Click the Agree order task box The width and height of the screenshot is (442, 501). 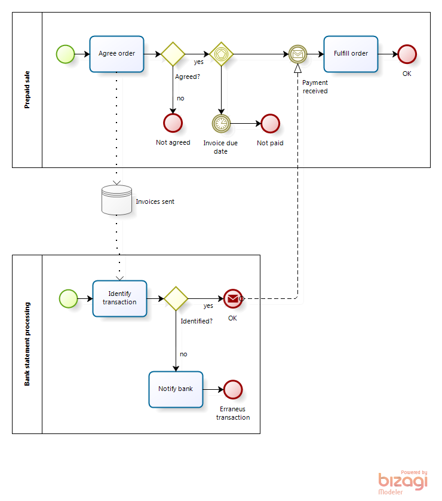(117, 54)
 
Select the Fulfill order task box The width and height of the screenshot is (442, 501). (351, 54)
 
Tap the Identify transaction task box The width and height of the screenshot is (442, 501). (119, 298)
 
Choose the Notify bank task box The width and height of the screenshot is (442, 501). (176, 389)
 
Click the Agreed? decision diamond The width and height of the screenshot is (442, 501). (173, 54)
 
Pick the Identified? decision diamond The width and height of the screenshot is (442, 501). (176, 298)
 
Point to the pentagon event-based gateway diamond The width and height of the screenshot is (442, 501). (221, 54)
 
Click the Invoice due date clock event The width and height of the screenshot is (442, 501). (221, 123)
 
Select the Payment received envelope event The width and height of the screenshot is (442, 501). (297, 54)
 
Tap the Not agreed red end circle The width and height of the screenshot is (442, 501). (173, 123)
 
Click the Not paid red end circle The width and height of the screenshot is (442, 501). (271, 123)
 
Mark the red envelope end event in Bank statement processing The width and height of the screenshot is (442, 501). (233, 298)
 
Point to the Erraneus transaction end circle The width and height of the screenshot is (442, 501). (233, 389)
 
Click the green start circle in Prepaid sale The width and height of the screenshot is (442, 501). (66, 54)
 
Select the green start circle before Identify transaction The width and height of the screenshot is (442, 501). (68, 298)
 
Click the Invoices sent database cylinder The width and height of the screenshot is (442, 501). (117, 200)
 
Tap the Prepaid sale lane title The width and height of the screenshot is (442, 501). (27, 90)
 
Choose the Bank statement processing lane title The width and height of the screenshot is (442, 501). (27, 344)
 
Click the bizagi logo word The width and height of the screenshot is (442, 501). (403, 481)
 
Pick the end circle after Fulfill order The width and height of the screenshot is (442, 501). (407, 54)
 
